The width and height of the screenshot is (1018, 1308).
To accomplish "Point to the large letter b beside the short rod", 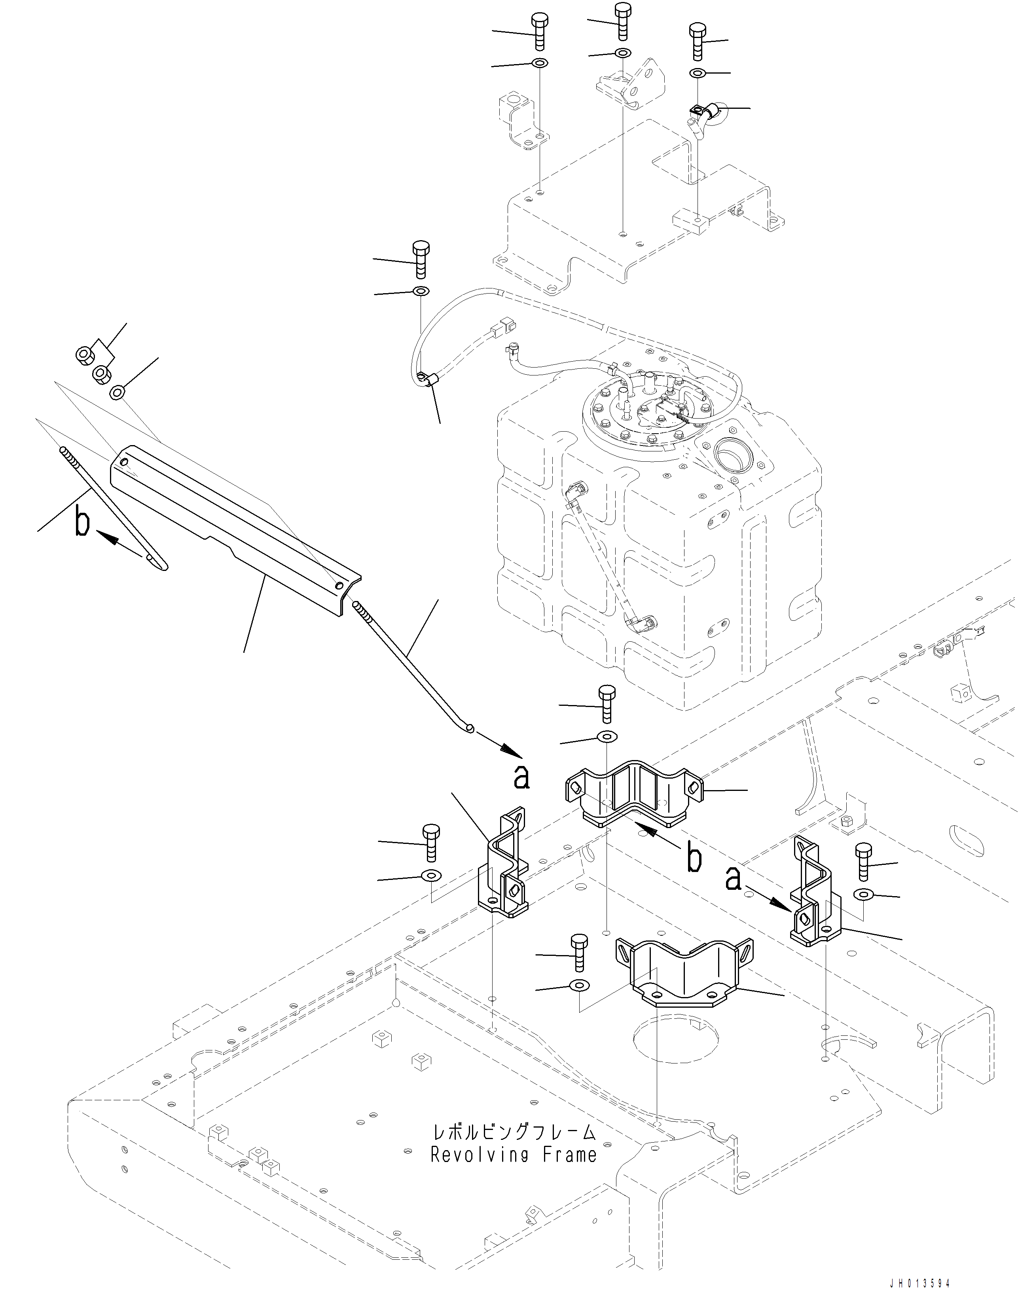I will pos(82,522).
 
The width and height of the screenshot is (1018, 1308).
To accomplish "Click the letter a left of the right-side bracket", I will pos(734,879).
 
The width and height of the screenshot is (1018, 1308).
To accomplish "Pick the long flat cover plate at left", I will pos(233,527).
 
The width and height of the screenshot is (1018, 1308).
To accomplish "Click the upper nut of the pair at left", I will pos(84,354).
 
